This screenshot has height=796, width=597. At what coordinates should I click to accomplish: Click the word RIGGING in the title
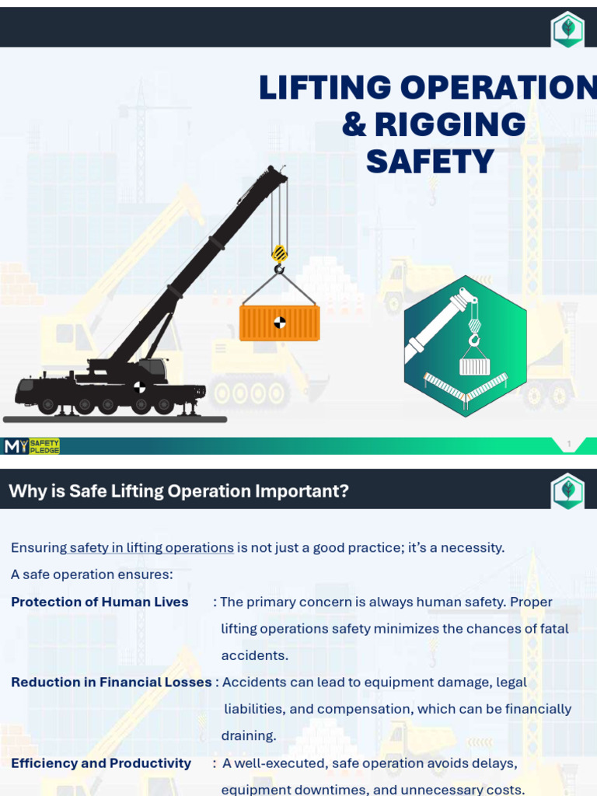450,125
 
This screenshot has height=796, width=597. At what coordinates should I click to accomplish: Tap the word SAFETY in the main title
430,162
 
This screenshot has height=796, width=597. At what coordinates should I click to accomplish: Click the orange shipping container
279,323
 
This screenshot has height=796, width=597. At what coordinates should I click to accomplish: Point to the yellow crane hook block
279,253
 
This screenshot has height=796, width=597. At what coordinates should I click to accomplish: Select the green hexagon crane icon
465,346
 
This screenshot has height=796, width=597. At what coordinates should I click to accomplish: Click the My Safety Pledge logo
32,446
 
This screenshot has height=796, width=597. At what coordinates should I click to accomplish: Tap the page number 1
569,445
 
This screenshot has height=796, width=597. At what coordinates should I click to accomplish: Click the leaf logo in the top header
567,30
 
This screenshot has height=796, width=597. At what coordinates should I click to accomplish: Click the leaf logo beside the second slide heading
567,491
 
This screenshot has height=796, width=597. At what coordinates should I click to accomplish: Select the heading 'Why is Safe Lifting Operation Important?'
179,491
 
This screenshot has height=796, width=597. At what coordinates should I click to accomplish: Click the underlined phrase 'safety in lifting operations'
152,547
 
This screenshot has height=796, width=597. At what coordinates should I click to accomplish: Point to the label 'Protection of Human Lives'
99,602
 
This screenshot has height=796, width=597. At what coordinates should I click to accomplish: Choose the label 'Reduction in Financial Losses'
111,682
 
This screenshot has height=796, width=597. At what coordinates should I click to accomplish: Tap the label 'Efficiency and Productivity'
101,763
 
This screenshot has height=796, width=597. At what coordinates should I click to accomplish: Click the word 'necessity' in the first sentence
472,547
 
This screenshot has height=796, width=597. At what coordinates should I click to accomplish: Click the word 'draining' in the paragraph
248,735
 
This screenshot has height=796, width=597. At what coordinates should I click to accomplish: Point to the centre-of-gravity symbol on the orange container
280,323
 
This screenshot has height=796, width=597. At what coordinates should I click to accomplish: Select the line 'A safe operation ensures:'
92,574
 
